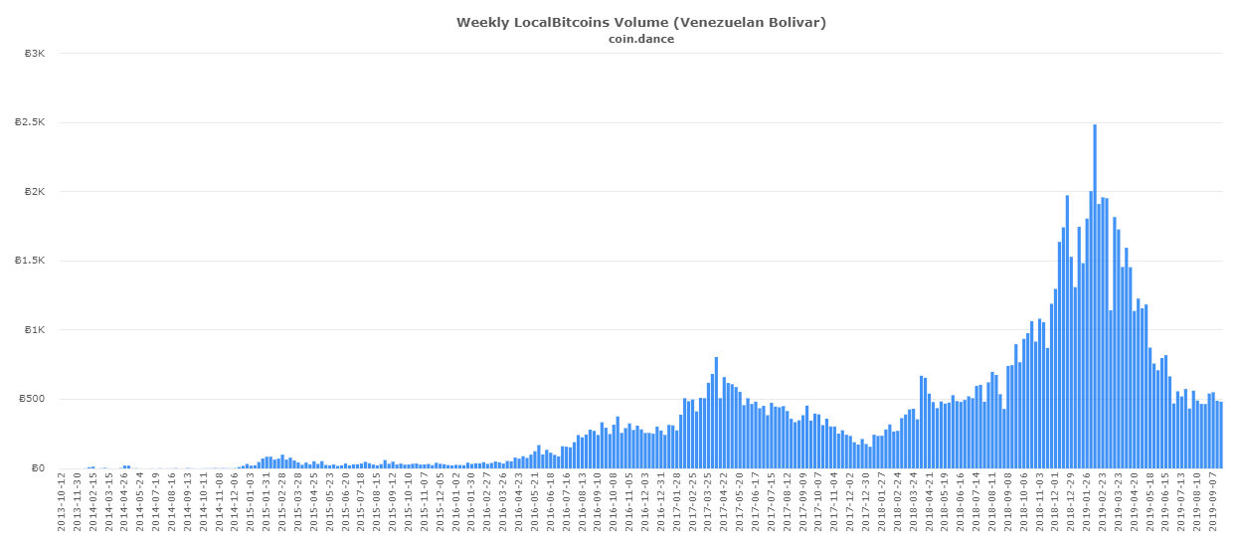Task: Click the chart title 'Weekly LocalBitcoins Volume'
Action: pos(564,23)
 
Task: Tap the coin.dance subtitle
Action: pos(641,39)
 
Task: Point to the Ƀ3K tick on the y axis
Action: pos(35,54)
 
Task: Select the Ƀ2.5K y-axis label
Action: pos(30,122)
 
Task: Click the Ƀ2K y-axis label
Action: pos(35,192)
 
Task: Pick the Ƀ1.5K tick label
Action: pos(30,261)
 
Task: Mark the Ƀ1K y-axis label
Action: pos(35,330)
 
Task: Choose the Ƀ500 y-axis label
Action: pos(32,399)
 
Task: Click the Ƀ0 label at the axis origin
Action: pos(38,468)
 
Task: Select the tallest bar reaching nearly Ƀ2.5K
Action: pos(1095,296)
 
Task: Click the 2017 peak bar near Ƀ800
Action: pos(716,413)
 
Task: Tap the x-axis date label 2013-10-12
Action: pos(62,502)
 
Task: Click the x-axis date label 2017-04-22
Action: pos(724,502)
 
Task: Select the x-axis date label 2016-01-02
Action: pos(456,502)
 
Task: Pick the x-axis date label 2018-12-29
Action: pos(1071,502)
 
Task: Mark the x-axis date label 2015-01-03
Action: pos(251,502)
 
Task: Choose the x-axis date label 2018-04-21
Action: pos(929,502)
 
